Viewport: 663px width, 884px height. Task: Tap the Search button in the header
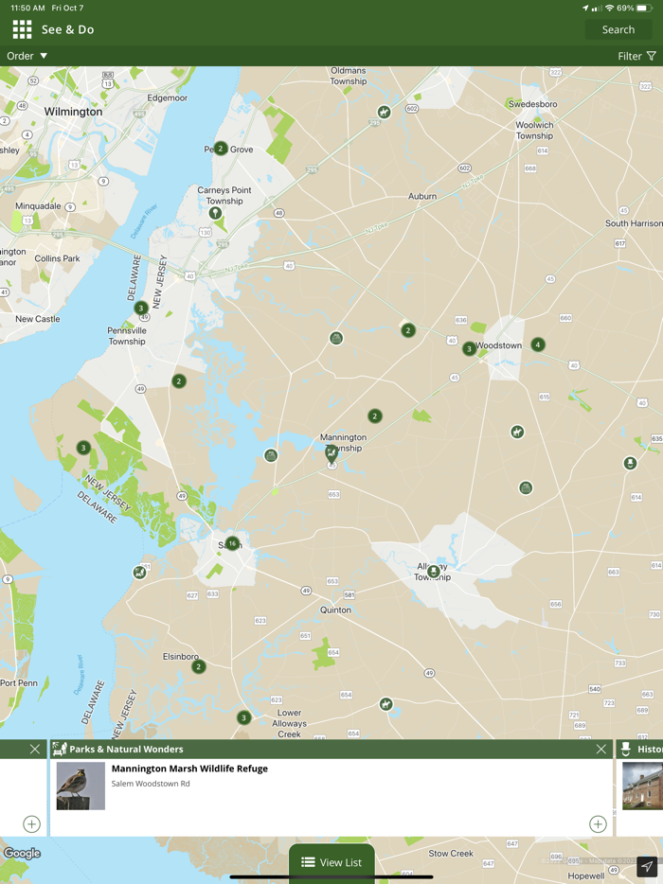coord(618,29)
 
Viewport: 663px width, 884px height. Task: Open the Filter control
coord(636,56)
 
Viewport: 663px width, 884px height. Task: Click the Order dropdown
coord(27,56)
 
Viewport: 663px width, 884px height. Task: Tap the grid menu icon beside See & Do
coord(22,29)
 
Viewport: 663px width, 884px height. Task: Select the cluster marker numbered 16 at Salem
coord(232,543)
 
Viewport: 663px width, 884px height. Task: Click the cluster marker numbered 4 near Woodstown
coord(538,345)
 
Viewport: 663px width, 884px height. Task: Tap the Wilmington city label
coord(73,112)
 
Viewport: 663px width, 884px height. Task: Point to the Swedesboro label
coord(532,104)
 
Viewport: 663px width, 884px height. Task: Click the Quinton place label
coord(335,610)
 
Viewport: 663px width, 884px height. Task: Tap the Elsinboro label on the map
coord(180,656)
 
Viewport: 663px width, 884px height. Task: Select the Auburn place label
coord(422,196)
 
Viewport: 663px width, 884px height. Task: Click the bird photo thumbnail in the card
coord(81,786)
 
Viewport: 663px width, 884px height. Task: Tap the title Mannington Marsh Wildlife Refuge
coord(189,769)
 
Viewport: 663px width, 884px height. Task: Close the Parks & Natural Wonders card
coord(600,749)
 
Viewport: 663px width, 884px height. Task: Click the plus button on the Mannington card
coord(598,823)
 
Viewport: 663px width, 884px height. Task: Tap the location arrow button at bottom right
coord(647,866)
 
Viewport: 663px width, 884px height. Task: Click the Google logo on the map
coord(22,853)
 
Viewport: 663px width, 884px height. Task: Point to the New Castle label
coord(38,319)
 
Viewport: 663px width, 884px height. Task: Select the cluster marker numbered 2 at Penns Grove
coord(221,148)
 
